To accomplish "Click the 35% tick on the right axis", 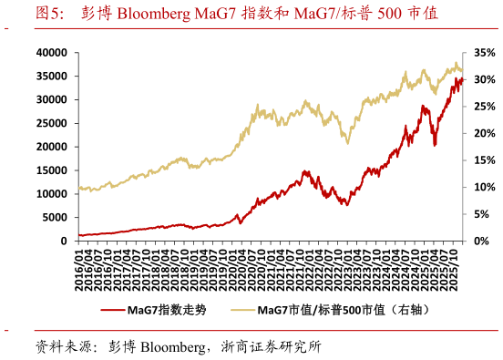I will point(485,54).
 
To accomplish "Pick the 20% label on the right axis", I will point(485,134).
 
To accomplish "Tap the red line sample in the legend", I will point(112,311).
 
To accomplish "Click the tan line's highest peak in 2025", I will point(457,63).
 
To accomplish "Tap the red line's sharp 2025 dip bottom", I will point(435,145).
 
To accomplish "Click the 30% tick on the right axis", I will point(485,80).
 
